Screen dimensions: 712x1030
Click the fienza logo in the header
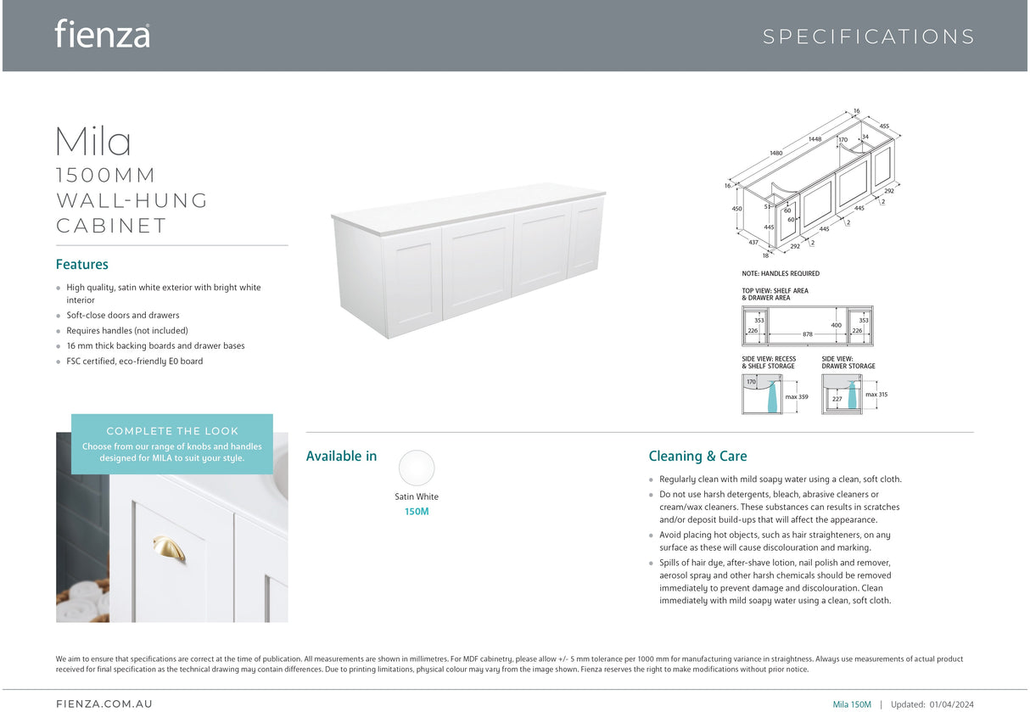click(102, 34)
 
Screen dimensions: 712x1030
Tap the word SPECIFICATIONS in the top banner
click(868, 36)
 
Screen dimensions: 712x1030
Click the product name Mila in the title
click(93, 141)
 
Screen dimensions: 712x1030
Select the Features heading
click(82, 265)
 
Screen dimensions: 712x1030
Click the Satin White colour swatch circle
click(417, 468)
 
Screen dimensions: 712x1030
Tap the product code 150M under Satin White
click(417, 512)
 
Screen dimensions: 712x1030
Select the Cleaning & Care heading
click(697, 457)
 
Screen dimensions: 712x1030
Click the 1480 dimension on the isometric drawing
click(775, 154)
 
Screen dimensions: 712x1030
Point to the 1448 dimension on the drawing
click(814, 139)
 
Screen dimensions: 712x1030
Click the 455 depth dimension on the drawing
click(884, 126)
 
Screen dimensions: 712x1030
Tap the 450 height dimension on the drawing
click(736, 209)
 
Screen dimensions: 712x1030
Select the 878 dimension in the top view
click(807, 334)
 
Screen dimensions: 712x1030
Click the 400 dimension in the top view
click(837, 325)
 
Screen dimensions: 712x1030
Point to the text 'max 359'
click(797, 397)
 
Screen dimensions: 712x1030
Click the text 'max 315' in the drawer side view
click(876, 395)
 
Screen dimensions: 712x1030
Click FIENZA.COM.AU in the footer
click(104, 704)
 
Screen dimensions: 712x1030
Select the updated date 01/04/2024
click(952, 704)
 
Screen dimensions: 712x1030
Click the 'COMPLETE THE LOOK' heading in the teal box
click(172, 431)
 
